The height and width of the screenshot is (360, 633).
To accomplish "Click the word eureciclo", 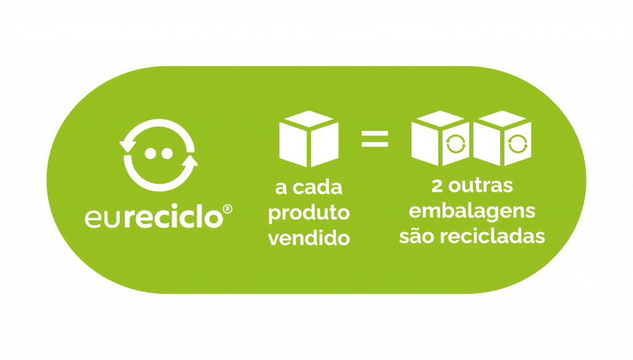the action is tap(153, 217).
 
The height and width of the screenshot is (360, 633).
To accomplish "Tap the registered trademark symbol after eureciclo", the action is tap(227, 209).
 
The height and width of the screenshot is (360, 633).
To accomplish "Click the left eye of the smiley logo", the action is tap(151, 153).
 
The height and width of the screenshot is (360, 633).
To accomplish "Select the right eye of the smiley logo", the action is tap(167, 153).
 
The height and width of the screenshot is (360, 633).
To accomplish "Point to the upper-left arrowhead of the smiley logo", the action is tap(127, 146).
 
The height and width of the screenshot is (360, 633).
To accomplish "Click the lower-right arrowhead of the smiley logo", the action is tap(190, 161).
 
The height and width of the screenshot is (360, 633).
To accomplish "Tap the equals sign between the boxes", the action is tap(375, 139).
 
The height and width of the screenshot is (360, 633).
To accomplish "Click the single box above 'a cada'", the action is tap(309, 139).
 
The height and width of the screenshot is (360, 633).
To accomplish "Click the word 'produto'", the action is tap(309, 213).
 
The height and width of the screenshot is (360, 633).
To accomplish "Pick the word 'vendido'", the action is tap(309, 238).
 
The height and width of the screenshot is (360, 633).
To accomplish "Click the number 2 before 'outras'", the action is tap(437, 186).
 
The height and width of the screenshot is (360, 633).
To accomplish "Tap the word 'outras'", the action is tap(481, 186).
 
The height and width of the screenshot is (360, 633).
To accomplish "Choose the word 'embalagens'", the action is tap(472, 212).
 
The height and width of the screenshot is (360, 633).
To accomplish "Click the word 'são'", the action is tap(417, 236).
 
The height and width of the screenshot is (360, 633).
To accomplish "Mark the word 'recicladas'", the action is tap(493, 236).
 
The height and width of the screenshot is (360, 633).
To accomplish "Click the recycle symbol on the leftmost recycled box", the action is tap(456, 144).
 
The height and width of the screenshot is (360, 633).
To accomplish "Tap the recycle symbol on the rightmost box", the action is tap(518, 144).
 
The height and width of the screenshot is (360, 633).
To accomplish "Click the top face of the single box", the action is tap(309, 119).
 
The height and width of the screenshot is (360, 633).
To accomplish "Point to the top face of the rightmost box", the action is tap(502, 119).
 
